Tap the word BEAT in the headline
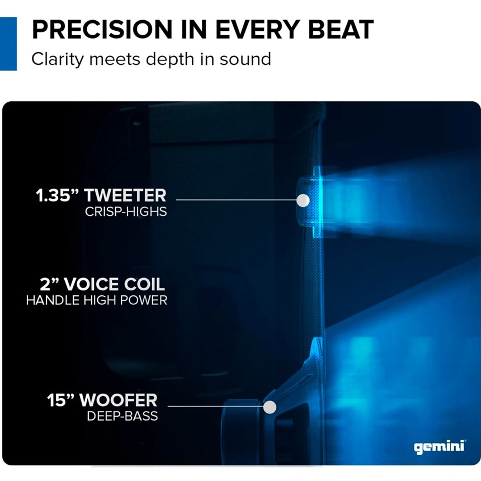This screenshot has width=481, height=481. pyautogui.click(x=341, y=30)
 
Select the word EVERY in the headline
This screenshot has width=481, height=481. pyautogui.click(x=257, y=30)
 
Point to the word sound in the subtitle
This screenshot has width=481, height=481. pyautogui.click(x=246, y=59)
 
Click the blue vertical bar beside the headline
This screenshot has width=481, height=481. pyautogui.click(x=8, y=44)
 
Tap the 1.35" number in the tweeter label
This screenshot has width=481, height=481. pyautogui.click(x=58, y=195)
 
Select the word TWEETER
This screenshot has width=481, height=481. pyautogui.click(x=125, y=196)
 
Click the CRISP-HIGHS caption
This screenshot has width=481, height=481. pyautogui.click(x=126, y=211)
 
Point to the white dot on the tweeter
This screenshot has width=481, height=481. pyautogui.click(x=303, y=200)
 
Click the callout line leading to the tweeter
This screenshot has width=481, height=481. pyautogui.click(x=237, y=200)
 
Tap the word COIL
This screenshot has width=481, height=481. pyautogui.click(x=144, y=284)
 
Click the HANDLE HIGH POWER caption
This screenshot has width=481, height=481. pyautogui.click(x=97, y=300)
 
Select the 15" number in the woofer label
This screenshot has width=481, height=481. pyautogui.click(x=61, y=400)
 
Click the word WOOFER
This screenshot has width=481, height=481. pyautogui.click(x=119, y=400)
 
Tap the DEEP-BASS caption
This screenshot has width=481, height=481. pyautogui.click(x=122, y=416)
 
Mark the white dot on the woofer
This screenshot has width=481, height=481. pyautogui.click(x=270, y=407)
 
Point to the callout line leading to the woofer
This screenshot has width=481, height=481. pyautogui.click(x=216, y=407)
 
